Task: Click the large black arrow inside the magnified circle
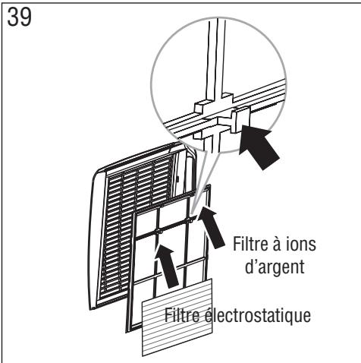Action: pyautogui.click(x=258, y=144)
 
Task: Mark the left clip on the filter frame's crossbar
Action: pyautogui.click(x=158, y=229)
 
